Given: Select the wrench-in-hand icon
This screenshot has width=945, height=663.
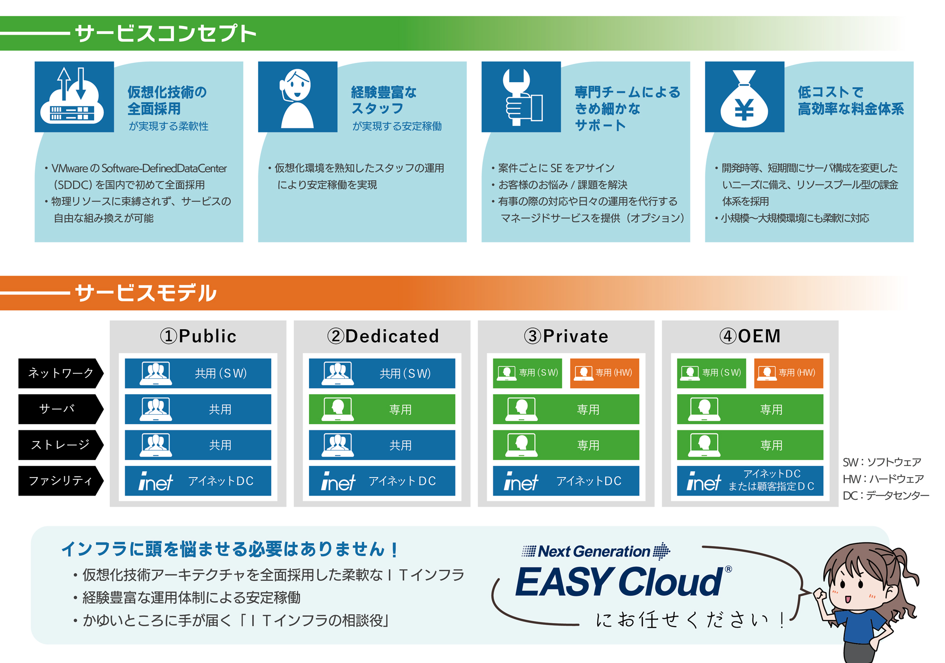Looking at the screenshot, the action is [x=521, y=97].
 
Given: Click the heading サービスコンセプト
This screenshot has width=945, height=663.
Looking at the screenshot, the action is [x=166, y=34].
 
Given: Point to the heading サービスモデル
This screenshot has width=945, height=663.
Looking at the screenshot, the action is [x=146, y=293].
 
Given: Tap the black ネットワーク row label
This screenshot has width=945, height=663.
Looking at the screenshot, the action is [x=60, y=373].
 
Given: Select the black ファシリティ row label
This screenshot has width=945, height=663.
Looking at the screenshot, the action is [x=60, y=481].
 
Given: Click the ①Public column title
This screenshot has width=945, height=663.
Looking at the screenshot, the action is [x=198, y=336].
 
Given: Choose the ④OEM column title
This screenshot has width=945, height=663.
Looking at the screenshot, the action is [x=750, y=336].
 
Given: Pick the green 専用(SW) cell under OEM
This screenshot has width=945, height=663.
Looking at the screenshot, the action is [x=712, y=373].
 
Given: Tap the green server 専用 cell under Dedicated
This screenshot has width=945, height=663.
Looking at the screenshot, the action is [x=382, y=409].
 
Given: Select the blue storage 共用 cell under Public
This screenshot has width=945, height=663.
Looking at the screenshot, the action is [x=198, y=445].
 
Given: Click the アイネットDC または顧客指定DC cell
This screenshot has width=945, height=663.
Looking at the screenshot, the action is [x=750, y=481].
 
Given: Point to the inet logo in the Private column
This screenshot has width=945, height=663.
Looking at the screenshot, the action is [x=521, y=481].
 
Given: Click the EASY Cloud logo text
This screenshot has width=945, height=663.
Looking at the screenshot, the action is [x=619, y=582].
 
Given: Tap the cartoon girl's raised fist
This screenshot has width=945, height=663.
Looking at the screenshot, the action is [x=821, y=595].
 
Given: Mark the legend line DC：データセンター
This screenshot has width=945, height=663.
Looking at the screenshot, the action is [x=886, y=496].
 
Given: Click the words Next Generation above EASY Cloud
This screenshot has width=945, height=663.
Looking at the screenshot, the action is [x=594, y=551].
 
